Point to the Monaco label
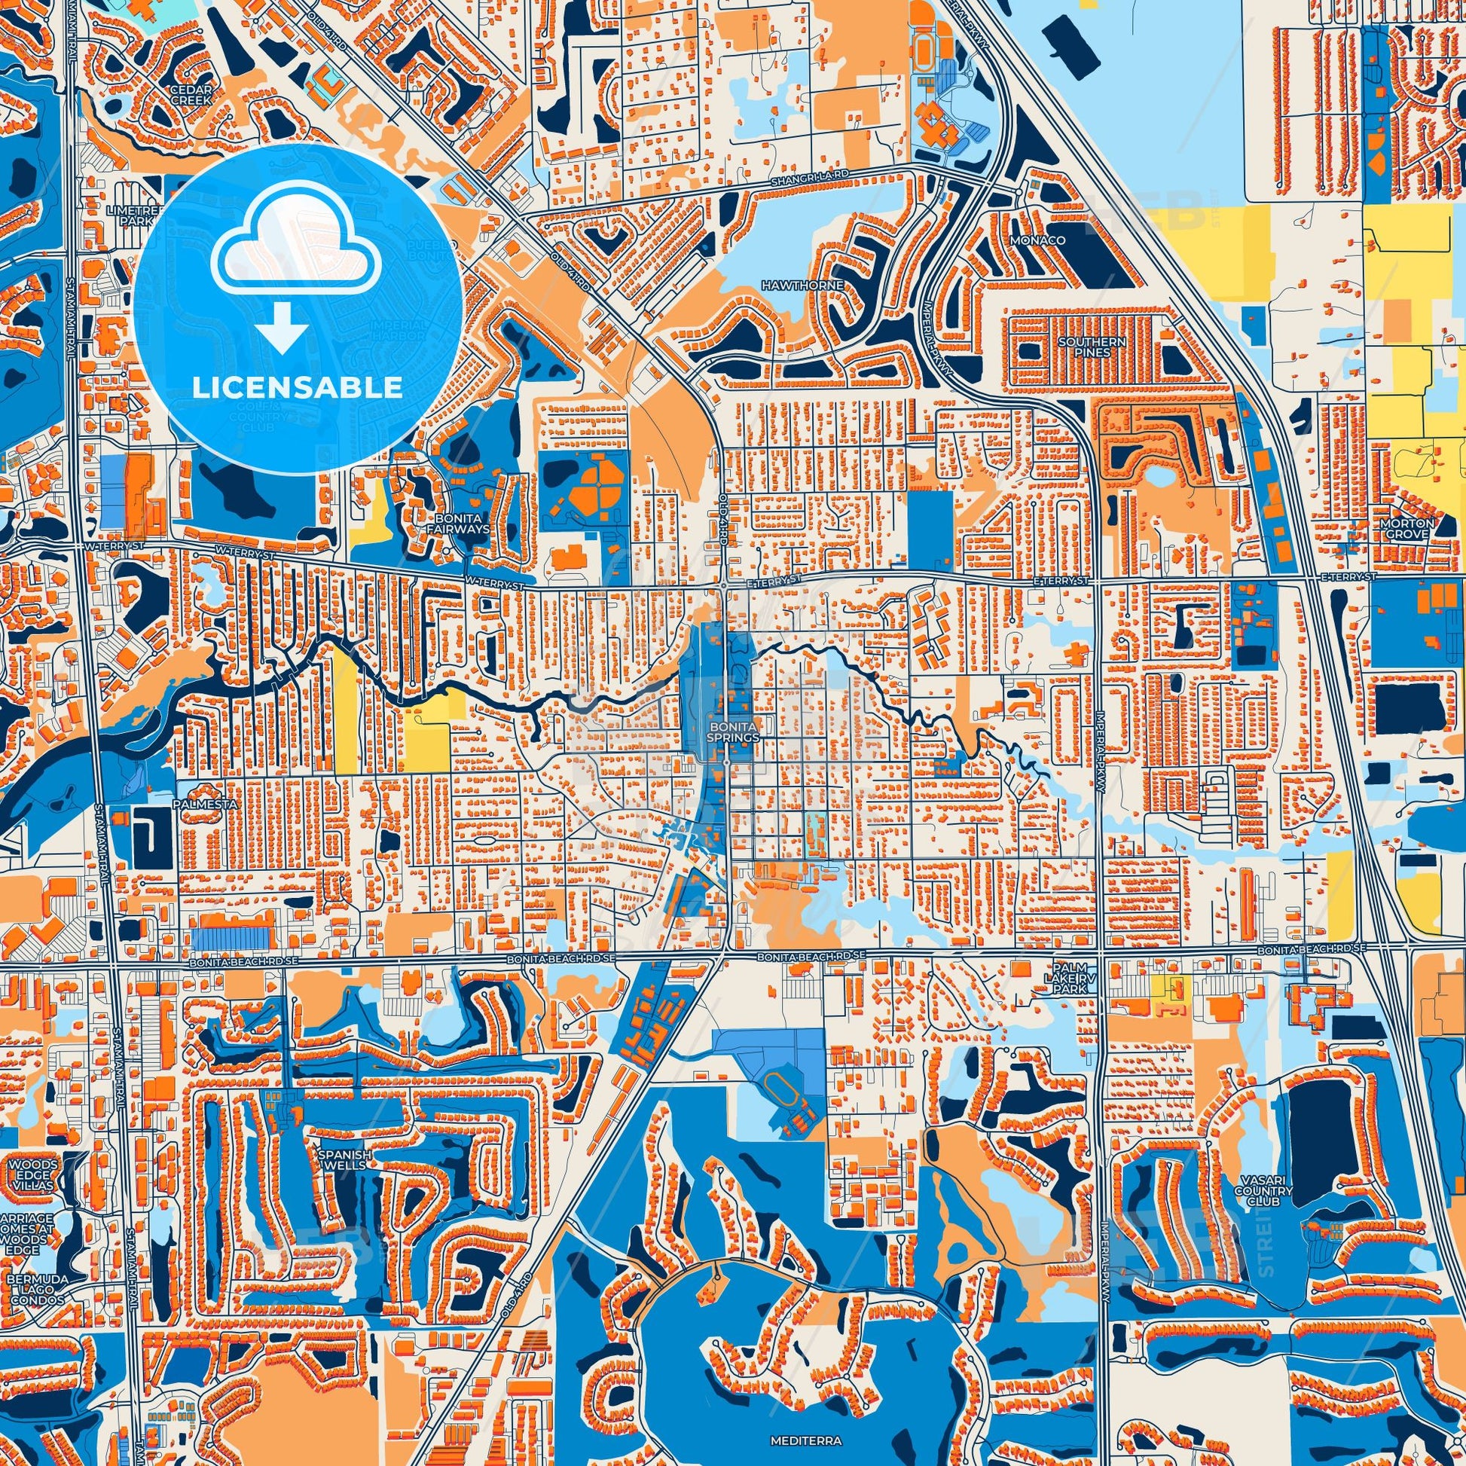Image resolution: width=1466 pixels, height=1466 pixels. click(1048, 240)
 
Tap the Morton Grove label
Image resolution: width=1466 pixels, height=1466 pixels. click(1407, 528)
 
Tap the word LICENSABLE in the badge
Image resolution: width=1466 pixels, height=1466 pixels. click(297, 388)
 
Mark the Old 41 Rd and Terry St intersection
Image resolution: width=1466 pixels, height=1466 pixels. click(724, 585)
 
